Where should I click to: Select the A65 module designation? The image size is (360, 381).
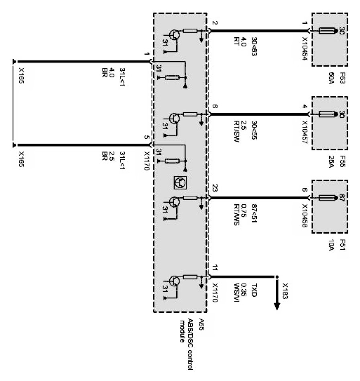(x=202, y=322)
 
